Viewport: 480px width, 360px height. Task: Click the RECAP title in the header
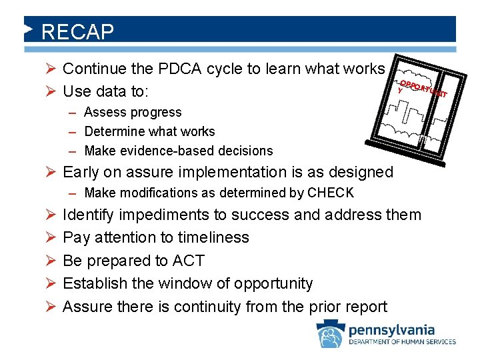[77, 31]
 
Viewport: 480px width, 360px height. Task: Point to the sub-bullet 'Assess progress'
[133, 112]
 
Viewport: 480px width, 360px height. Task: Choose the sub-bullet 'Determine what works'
[149, 131]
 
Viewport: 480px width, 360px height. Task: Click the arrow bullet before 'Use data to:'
[49, 89]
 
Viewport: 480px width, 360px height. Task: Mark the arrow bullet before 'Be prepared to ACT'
[49, 261]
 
